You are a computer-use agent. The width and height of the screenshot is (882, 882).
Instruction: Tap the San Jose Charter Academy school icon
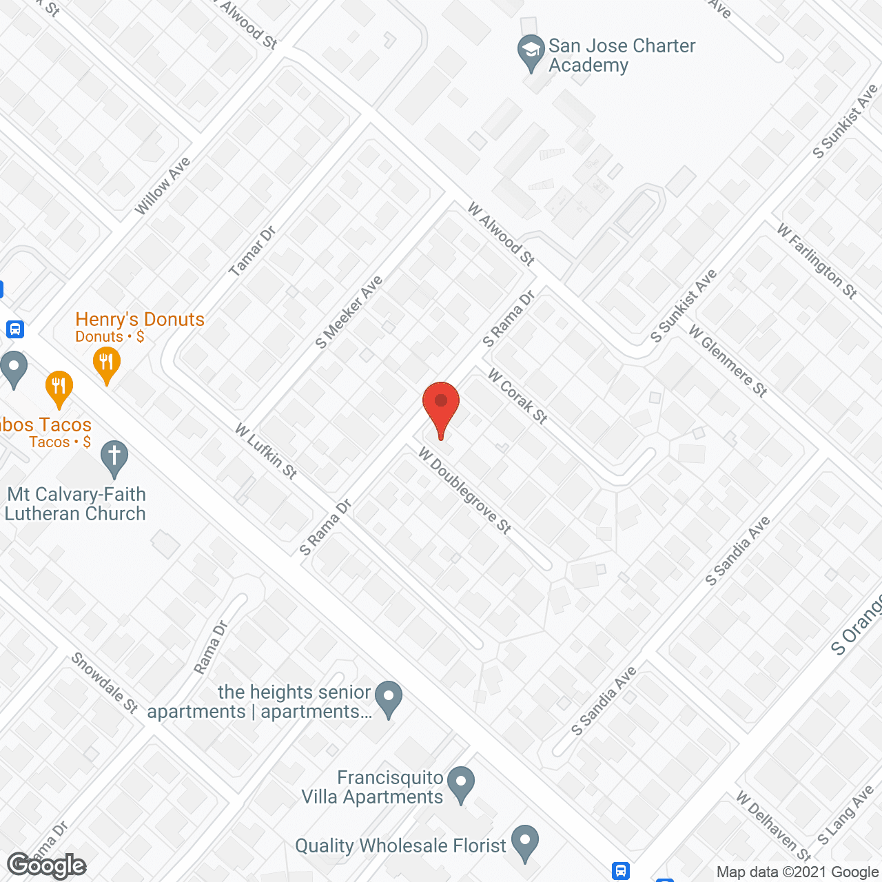[531, 52]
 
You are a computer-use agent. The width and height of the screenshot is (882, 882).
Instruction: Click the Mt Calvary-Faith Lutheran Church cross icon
[114, 458]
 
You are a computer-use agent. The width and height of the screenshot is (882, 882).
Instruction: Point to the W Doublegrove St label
[465, 491]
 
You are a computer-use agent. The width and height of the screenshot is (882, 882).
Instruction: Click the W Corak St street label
[517, 396]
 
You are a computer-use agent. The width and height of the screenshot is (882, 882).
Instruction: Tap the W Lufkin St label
[266, 451]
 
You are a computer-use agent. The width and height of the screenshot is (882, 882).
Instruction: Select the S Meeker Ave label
[349, 312]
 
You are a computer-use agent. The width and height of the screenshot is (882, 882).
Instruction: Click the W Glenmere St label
[728, 361]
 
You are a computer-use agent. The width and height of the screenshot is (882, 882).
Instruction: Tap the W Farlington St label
[817, 261]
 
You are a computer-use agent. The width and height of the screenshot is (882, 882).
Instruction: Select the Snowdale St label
[105, 683]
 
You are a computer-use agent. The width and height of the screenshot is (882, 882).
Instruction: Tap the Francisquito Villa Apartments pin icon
[461, 783]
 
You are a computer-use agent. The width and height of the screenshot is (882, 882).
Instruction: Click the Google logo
[47, 865]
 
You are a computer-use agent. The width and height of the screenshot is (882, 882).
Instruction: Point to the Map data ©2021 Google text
[798, 872]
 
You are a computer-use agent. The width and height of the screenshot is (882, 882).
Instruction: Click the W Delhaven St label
[774, 825]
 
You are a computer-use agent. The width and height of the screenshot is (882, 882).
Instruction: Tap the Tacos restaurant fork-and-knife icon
[59, 389]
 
